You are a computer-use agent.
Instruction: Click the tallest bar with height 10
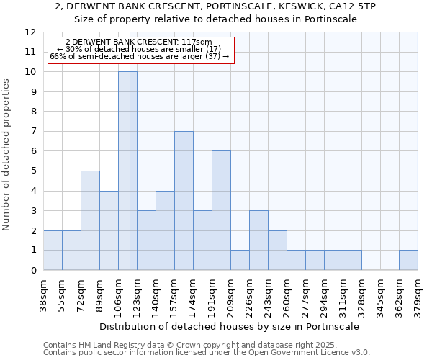tap(127, 171)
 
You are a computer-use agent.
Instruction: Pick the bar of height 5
tap(90, 220)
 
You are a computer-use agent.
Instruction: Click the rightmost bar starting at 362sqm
tap(408, 260)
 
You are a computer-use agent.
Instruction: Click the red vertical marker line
tap(130, 180)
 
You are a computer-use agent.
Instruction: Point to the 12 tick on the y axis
tap(30, 32)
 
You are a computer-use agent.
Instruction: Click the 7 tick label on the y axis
tap(33, 132)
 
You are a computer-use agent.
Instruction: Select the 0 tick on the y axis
tap(33, 271)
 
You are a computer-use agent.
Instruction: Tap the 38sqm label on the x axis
tap(43, 294)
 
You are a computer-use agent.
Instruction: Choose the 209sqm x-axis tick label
tap(230, 294)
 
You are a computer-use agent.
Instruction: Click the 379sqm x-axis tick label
tap(418, 294)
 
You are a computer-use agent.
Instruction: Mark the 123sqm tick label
tap(137, 294)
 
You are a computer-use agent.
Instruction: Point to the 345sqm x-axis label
tap(380, 294)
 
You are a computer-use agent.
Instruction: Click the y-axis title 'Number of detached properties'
tap(7, 155)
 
